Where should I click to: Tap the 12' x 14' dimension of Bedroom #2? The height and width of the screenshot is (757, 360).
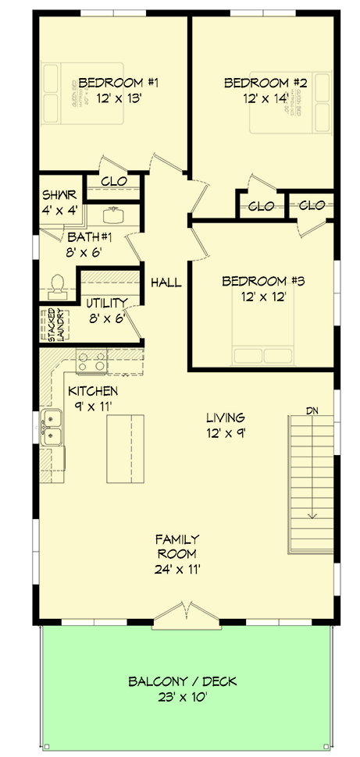(x=257, y=98)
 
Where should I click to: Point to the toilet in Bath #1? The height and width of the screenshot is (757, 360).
(x=57, y=286)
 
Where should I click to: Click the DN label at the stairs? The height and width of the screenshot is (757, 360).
(x=312, y=410)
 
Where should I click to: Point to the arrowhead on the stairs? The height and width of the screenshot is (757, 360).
(x=312, y=514)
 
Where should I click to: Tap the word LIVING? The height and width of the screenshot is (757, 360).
(x=226, y=418)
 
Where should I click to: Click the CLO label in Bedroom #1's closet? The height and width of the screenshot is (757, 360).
(x=115, y=183)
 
